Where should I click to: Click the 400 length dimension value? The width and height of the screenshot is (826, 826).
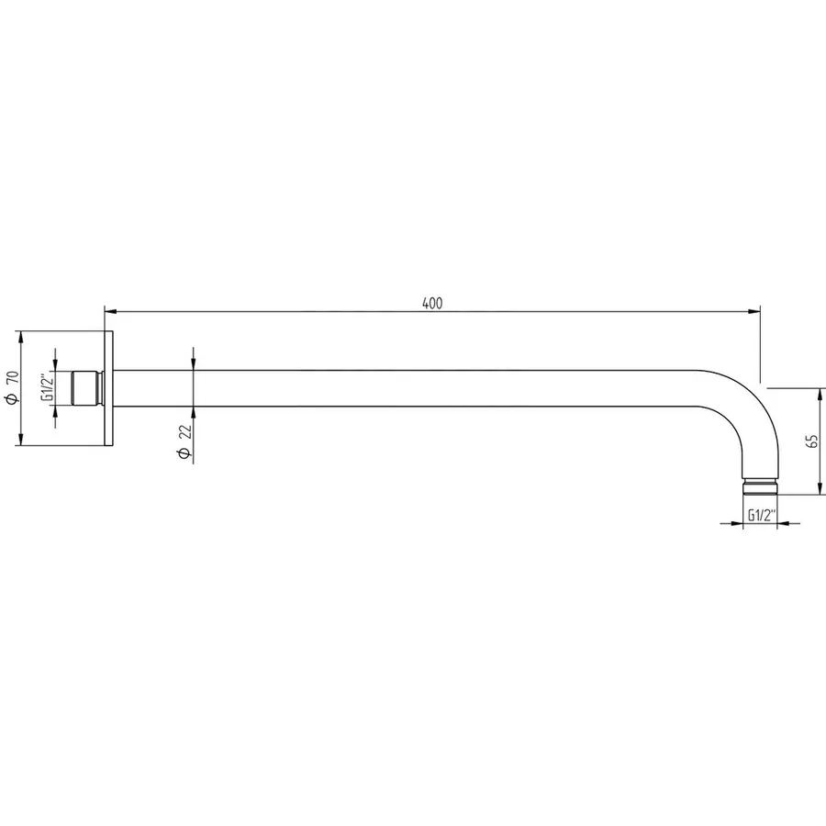433,304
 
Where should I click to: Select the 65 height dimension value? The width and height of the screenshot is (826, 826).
811,441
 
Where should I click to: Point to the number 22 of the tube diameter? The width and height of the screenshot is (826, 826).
184,433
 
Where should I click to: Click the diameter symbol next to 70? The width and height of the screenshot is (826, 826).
10,400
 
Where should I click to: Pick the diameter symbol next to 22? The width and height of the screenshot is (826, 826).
184,455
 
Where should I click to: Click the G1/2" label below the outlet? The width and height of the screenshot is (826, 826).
761,516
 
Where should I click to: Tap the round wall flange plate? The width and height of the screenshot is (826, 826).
109,388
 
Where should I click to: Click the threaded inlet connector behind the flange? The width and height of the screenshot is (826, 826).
88,388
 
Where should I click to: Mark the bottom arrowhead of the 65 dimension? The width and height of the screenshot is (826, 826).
820,490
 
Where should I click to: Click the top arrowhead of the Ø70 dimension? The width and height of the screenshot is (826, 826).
20,336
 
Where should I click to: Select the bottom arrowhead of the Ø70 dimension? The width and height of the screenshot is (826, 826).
20,441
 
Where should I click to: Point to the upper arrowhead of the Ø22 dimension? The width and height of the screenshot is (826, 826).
194,364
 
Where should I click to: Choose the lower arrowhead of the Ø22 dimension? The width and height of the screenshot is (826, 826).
194,412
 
